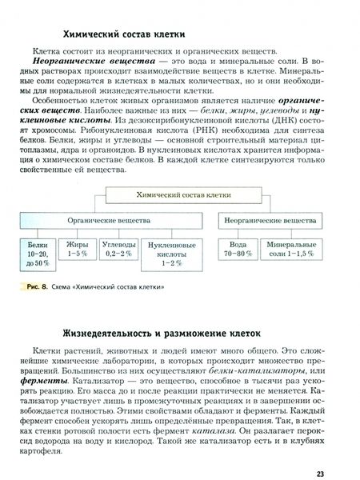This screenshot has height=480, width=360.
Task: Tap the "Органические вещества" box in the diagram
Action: click(109, 217)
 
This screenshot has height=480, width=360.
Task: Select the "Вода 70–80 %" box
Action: click(238, 247)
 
